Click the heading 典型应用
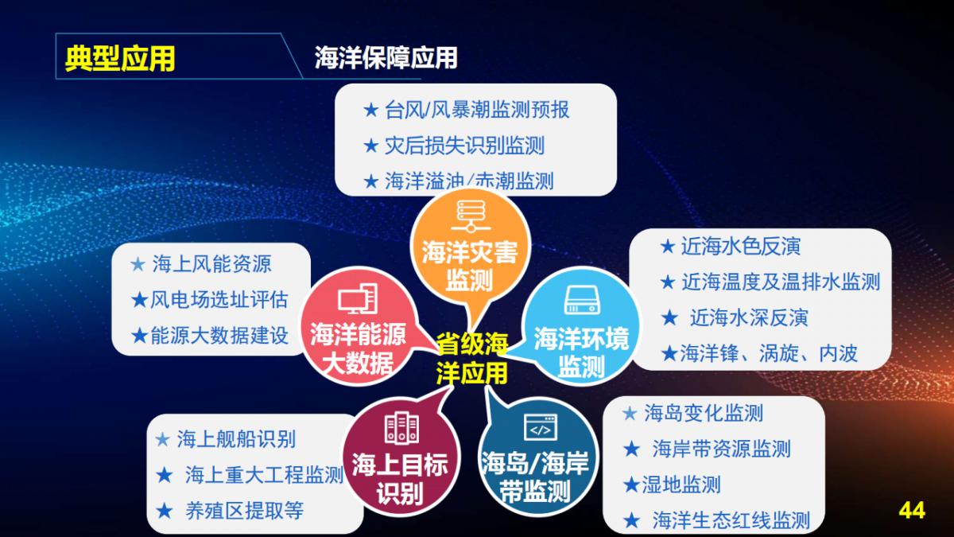coord(120,59)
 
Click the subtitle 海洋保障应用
coord(386,58)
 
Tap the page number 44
coord(911,510)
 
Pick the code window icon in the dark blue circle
coord(540,428)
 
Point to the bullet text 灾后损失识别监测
coord(464,146)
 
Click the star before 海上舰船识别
coord(162,439)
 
